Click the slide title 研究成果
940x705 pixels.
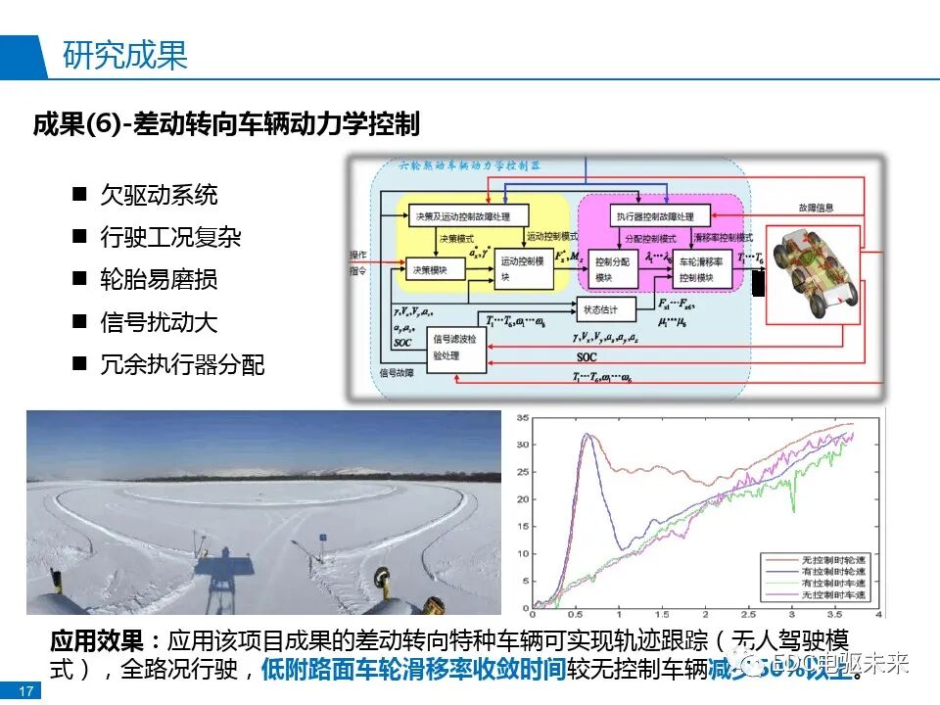coord(124,56)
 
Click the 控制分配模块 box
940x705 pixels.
coord(617,269)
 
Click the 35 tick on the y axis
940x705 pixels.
coord(522,419)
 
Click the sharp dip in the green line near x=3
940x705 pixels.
coord(793,508)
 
